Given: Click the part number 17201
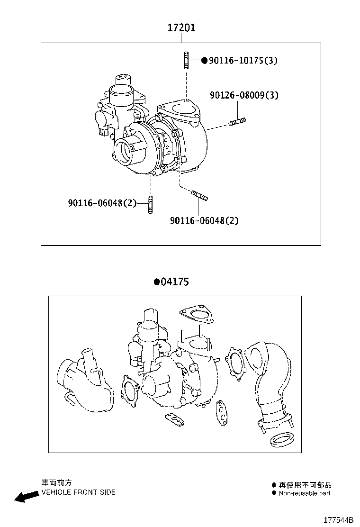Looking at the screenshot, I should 181,28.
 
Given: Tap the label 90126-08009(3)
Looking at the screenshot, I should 244,95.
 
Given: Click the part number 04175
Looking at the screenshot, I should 174,282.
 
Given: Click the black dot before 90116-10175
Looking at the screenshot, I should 204,61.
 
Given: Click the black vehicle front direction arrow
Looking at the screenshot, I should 27,496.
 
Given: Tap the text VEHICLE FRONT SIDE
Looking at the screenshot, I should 78,492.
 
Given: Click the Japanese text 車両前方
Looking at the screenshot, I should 57,483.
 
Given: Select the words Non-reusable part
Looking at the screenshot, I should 305,493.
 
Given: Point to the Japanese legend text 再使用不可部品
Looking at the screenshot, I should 305,485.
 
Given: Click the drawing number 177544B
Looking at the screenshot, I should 339,519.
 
